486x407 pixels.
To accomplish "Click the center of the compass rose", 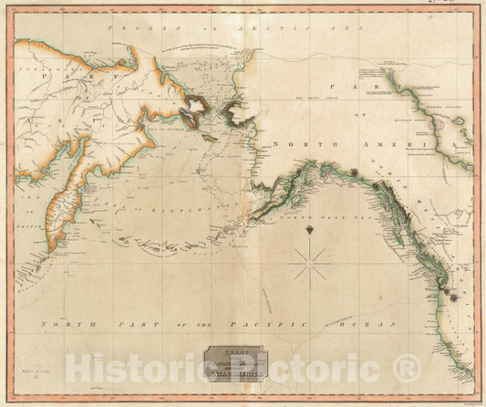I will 313,270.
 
